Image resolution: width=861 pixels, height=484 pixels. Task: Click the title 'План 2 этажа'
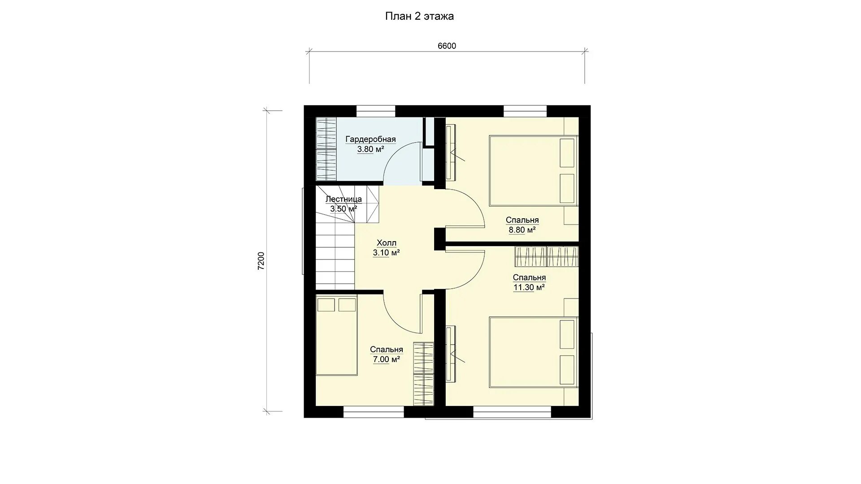click(419, 17)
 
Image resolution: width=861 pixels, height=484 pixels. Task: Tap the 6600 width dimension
click(447, 46)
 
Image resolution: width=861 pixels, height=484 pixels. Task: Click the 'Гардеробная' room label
click(370, 139)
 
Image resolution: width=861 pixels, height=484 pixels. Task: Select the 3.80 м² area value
click(370, 149)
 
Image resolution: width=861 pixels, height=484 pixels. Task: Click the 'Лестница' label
click(344, 199)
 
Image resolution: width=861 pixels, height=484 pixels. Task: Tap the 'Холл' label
click(387, 243)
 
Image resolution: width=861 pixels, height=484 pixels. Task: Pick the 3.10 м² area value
click(387, 253)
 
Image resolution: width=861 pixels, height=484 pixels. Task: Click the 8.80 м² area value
click(522, 230)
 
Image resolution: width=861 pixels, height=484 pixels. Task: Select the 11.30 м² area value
click(529, 287)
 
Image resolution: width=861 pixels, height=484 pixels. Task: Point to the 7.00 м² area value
click(386, 359)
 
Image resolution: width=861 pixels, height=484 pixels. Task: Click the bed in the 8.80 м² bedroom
click(534, 170)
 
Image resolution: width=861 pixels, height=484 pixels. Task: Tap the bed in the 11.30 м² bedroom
click(534, 352)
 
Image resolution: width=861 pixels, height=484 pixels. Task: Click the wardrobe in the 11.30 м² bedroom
click(547, 257)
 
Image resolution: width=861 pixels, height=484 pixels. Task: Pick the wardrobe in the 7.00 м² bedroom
click(424, 374)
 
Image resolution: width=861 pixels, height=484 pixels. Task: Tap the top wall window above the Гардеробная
click(376, 111)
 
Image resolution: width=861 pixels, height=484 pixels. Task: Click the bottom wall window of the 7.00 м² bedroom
click(374, 412)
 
